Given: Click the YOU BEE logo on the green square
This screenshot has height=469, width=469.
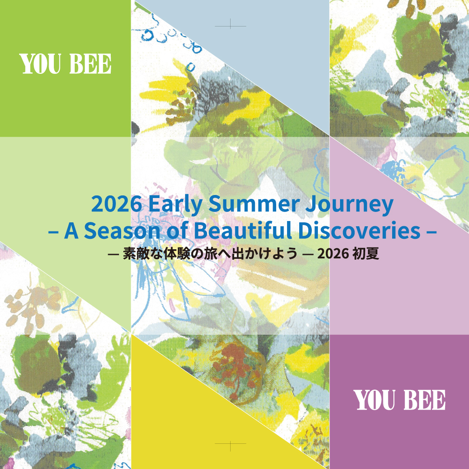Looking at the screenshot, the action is click(65, 64).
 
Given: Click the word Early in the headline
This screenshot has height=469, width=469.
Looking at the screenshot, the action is click(175, 204).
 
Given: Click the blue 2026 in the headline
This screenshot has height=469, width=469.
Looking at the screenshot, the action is click(117, 204).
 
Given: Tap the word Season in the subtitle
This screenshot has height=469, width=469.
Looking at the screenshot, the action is click(122, 231).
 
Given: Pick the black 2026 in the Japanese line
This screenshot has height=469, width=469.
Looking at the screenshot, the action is click(333, 254).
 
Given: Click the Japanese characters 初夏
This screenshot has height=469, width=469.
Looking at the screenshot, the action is click(366, 254).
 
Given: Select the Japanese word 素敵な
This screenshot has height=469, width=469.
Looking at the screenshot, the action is click(143, 254).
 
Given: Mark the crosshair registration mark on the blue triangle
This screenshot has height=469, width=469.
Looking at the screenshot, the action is click(230, 26).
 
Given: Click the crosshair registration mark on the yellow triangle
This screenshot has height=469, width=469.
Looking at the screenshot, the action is click(230, 443).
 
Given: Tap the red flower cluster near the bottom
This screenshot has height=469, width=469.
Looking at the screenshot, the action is click(236, 365).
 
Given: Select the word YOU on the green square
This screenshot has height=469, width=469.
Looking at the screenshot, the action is click(40, 64).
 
